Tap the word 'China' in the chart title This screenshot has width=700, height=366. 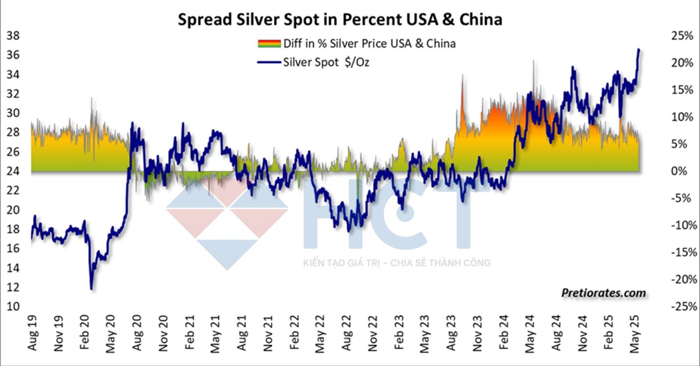point(480,20)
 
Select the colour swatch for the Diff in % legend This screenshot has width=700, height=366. point(269,43)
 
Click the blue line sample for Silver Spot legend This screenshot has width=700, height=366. point(269,62)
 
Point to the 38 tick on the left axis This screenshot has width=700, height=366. point(13,35)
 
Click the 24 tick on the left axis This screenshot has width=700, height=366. point(13,171)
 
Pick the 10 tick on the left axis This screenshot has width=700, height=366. point(13,306)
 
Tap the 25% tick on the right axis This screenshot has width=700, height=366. point(682,35)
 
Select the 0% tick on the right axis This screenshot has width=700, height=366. point(679,171)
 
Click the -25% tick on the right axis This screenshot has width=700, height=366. point(684,306)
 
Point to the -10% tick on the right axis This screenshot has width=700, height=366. point(684,225)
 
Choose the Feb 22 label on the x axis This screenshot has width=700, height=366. point(294,333)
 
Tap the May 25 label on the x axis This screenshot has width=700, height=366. point(634,334)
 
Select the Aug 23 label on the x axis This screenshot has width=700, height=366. point(451,333)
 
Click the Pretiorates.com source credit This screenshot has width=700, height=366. point(603,292)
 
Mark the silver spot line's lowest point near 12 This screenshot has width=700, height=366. point(91,289)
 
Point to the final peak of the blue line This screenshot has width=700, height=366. point(639,50)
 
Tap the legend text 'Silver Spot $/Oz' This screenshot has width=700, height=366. point(326,62)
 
